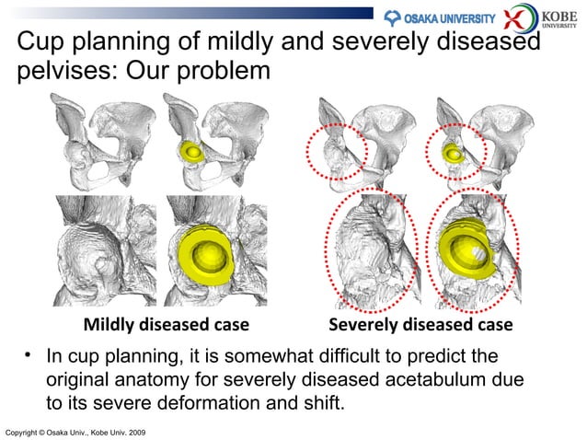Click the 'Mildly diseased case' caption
167,325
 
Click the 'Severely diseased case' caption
420,325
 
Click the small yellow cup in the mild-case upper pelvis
193,151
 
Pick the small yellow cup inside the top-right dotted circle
453,152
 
